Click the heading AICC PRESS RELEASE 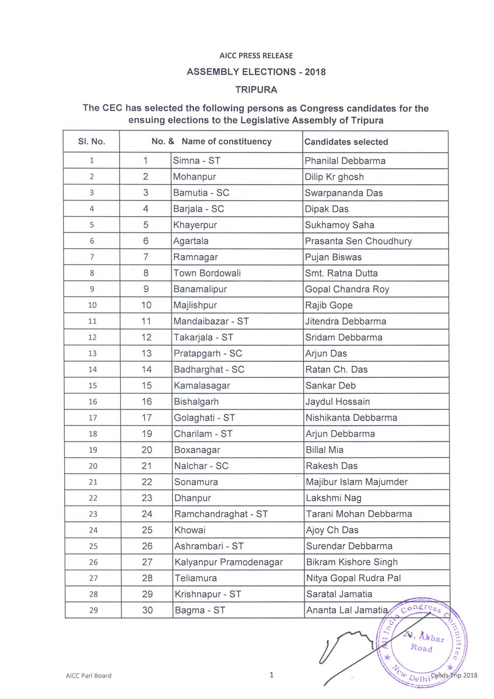[255, 56]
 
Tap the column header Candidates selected [346, 142]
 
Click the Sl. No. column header [90, 142]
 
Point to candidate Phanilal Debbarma [345, 161]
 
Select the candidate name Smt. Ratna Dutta [341, 273]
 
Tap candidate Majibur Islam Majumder [356, 482]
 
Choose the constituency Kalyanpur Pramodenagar [228, 562]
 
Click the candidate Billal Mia [324, 450]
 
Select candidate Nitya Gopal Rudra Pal [353, 578]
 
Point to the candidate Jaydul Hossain [337, 401]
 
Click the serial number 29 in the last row [90, 610]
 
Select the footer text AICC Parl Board [88, 676]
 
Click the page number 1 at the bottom [272, 675]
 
